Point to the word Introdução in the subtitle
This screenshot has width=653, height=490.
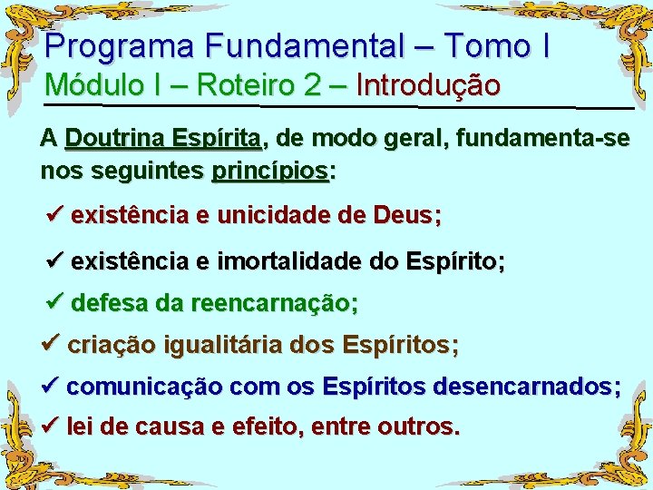tap(428, 85)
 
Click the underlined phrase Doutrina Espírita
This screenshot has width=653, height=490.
tap(163, 140)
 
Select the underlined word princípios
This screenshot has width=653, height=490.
tap(269, 171)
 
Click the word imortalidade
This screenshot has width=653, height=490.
tap(288, 262)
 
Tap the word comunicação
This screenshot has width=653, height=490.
tap(144, 387)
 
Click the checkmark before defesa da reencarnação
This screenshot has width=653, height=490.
tap(55, 303)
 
